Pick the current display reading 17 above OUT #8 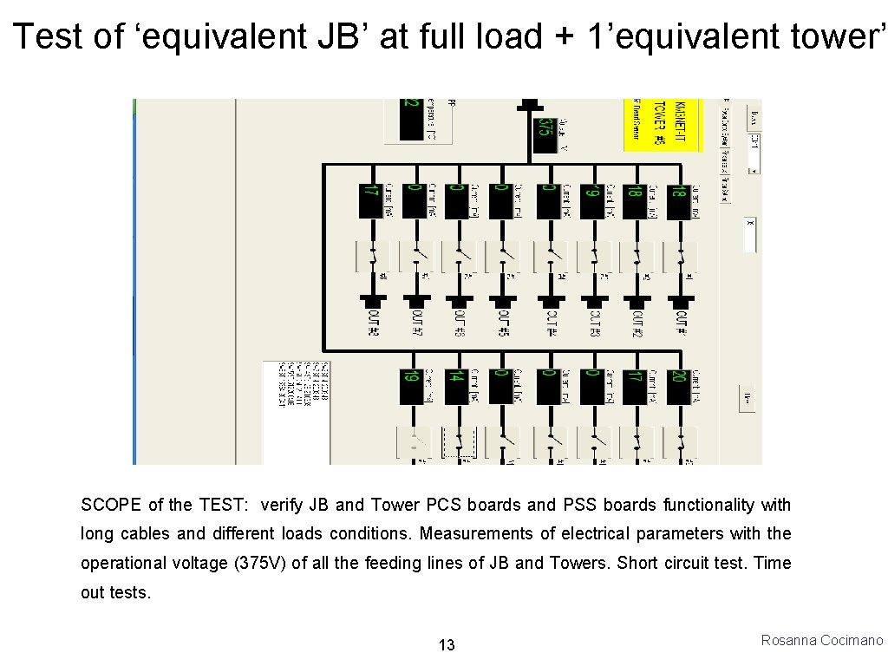pyautogui.click(x=370, y=200)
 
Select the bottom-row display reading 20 pyautogui.click(x=677, y=386)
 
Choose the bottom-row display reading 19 pyautogui.click(x=410, y=386)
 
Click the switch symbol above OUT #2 pyautogui.click(x=637, y=256)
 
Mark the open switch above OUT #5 pyautogui.click(x=503, y=256)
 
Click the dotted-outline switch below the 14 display pyautogui.click(x=458, y=442)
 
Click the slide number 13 pyautogui.click(x=447, y=644)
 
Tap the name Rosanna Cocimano pyautogui.click(x=821, y=640)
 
